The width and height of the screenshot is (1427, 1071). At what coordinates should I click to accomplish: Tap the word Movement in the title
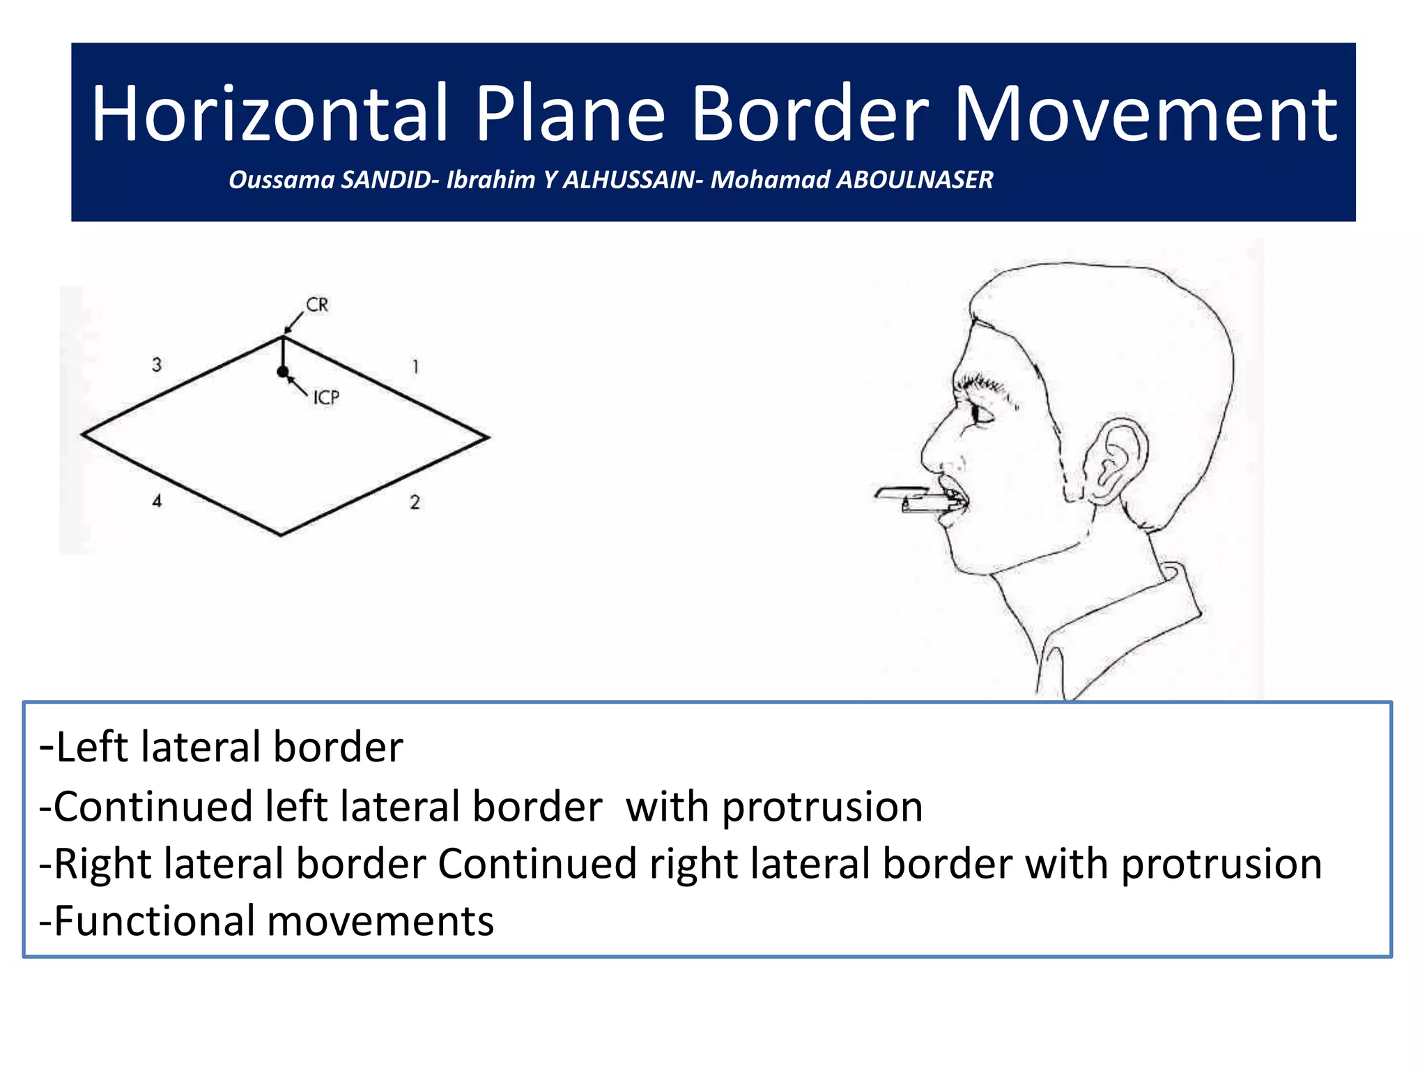coord(1145,114)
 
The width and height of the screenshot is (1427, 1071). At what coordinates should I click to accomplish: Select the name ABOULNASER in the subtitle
coord(914,180)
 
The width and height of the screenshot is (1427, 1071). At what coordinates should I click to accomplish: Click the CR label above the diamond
coord(317,305)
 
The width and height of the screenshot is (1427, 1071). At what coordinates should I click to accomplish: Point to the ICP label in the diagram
coord(326,397)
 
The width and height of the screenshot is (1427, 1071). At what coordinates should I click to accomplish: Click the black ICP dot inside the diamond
coord(282,372)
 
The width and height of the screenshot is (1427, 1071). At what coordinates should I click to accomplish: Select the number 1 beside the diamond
coord(415,366)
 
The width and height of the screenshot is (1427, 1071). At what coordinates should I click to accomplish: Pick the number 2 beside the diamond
coord(415,502)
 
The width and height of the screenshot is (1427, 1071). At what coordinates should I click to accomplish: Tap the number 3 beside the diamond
coord(157,365)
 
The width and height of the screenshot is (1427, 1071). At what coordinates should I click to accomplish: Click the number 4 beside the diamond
coord(157,501)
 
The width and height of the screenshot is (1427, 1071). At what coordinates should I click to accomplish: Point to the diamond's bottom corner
coord(281,535)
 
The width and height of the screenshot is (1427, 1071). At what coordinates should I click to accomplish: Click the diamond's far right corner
coord(488,438)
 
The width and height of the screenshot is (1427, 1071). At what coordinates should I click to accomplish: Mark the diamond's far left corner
coord(83,434)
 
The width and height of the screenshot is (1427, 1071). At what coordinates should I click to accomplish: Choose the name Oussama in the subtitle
coord(281,180)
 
